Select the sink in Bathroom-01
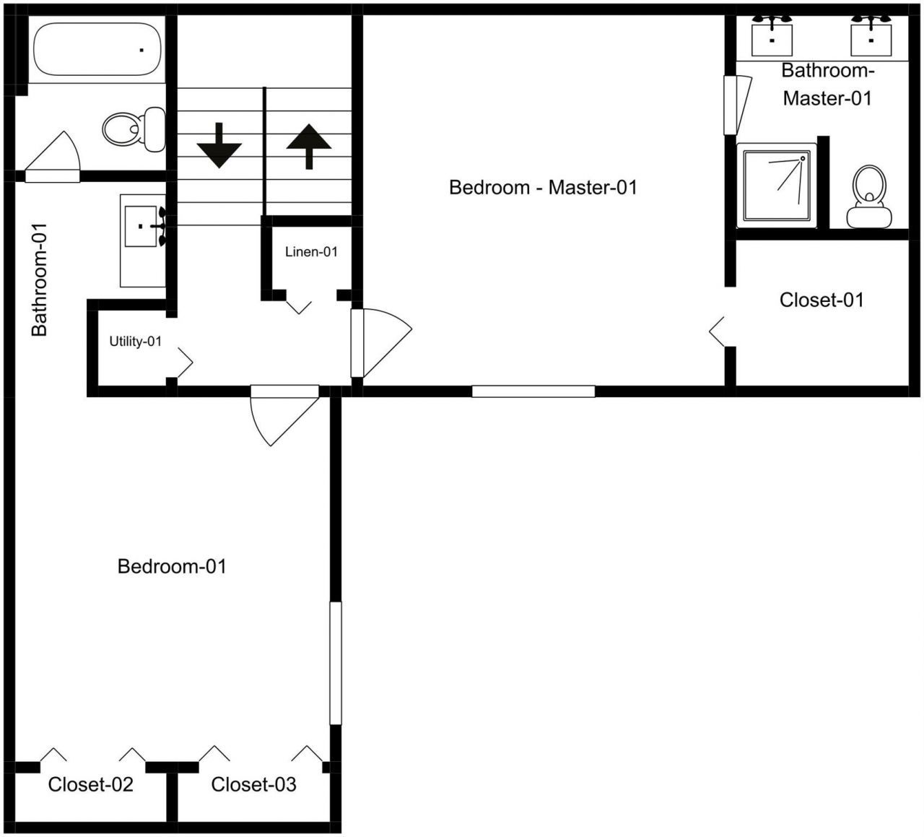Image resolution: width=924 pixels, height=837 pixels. click(x=142, y=226)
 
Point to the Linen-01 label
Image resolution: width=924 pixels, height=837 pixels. click(x=311, y=252)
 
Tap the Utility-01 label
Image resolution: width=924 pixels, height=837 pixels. click(x=135, y=342)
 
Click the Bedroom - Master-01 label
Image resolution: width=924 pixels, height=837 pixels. click(x=543, y=188)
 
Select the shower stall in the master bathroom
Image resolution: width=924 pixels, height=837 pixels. click(x=777, y=185)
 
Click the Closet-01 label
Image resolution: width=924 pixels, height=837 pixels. click(x=821, y=300)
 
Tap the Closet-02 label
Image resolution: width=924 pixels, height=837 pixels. click(x=91, y=785)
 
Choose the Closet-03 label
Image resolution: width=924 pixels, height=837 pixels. click(x=253, y=785)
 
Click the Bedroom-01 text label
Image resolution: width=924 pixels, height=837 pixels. click(x=172, y=567)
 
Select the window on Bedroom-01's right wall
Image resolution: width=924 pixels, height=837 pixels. click(x=336, y=663)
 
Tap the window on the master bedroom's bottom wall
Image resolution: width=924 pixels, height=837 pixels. click(x=533, y=391)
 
